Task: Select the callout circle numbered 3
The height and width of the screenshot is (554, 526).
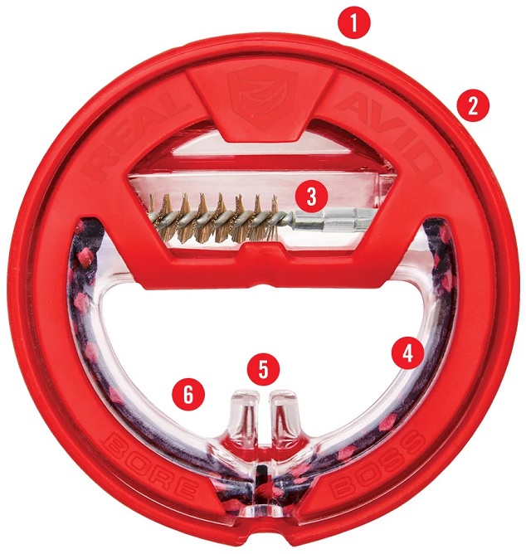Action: (311, 196)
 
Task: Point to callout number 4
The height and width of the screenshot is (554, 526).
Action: (408, 352)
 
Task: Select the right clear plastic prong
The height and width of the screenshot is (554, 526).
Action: (281, 412)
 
